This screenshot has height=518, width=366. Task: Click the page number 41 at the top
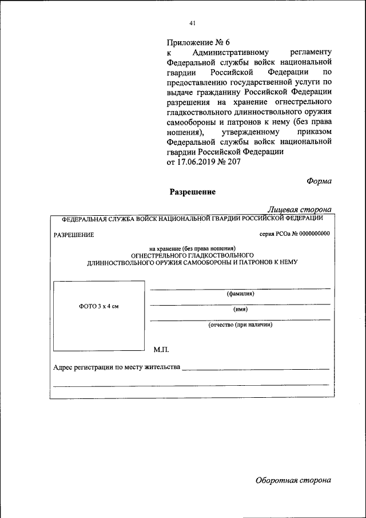coord(192,23)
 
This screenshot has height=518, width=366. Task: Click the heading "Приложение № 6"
coord(197,43)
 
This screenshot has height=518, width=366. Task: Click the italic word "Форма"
coord(319,181)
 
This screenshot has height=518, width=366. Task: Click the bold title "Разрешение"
coord(192,192)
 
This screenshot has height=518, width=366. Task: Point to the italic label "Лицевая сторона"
coord(300,210)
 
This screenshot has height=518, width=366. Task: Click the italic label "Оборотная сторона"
coord(293,480)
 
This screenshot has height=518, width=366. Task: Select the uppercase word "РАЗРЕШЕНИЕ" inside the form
coord(74,235)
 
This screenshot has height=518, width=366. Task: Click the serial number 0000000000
coord(315,235)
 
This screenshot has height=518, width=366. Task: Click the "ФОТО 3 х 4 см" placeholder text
coord(98,307)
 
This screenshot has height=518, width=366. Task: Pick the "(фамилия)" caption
coord(240,294)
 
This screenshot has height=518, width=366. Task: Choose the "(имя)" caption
coord(240,309)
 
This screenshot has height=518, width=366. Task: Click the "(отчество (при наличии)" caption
coord(240,325)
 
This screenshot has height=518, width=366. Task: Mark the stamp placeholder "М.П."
coord(161,349)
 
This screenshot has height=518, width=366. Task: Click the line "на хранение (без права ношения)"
coord(192,248)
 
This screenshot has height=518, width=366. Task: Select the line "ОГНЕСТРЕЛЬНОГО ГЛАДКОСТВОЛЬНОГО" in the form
coord(192,255)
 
